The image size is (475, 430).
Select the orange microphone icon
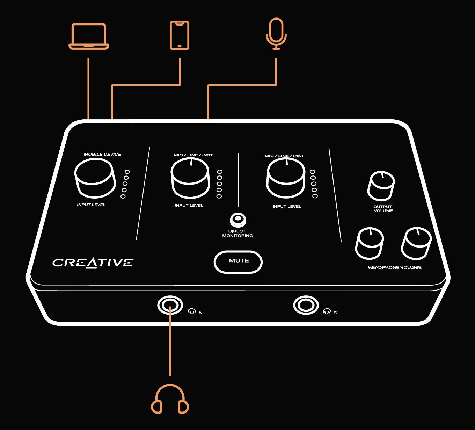pos(276,34)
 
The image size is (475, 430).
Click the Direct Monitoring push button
pos(238,219)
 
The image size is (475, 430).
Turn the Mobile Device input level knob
pos(95,178)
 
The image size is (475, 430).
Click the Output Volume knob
pos(381,186)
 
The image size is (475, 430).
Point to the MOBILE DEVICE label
pos(103,154)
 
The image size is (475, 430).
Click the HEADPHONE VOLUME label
pos(395,268)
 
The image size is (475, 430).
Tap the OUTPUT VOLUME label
pos(383,209)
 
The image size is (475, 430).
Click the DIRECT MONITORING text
pos(237,234)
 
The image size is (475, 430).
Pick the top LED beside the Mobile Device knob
pos(127,172)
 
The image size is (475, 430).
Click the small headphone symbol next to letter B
pos(327,311)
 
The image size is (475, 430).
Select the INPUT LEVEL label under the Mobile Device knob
pos(91,205)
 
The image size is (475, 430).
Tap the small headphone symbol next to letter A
pos(192,311)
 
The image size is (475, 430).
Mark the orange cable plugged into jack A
pos(170,341)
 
